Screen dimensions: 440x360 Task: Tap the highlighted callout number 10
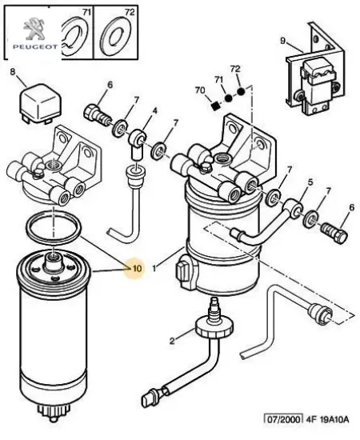click(x=137, y=268)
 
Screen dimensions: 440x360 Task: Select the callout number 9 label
click(x=283, y=41)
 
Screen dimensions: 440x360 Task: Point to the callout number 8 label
click(x=12, y=73)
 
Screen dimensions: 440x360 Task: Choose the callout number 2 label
click(x=170, y=341)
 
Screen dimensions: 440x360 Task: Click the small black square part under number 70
click(x=214, y=106)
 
